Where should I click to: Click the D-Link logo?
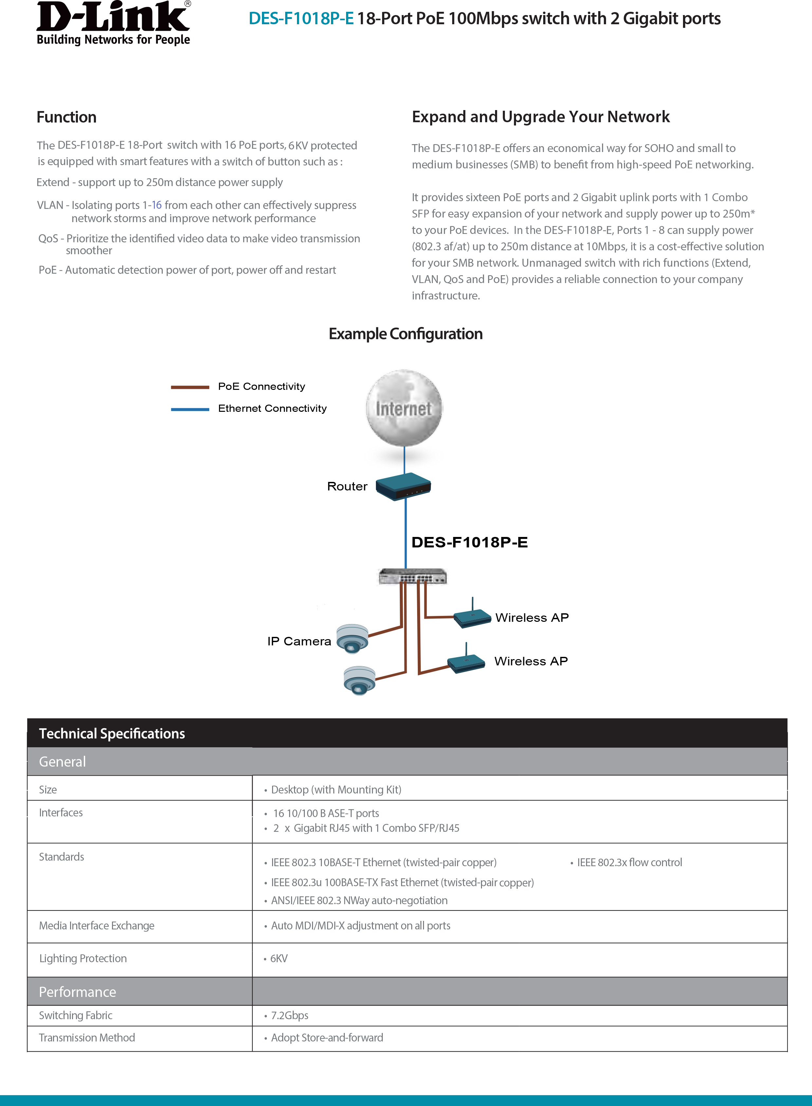(113, 23)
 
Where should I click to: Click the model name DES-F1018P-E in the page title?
(301, 19)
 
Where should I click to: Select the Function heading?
(66, 117)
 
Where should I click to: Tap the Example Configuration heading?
(405, 334)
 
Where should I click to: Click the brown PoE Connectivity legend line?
(190, 387)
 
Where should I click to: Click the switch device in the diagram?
(413, 576)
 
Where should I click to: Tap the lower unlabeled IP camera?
(359, 681)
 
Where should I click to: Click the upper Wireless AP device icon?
(472, 617)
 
